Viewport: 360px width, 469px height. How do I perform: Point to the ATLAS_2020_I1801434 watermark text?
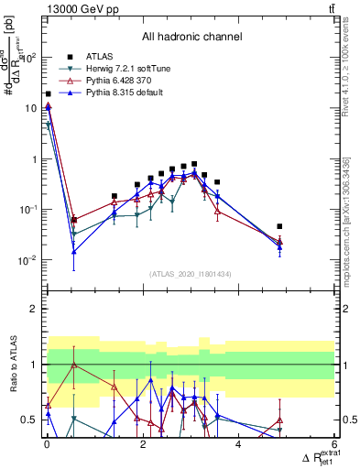click(191, 273)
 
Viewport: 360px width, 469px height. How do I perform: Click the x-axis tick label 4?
click(238, 444)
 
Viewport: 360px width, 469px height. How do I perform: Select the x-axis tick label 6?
click(333, 444)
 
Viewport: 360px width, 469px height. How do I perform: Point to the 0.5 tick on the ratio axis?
click(29, 420)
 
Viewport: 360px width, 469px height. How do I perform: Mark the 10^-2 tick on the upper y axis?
click(27, 260)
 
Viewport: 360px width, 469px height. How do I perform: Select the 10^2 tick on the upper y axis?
click(28, 58)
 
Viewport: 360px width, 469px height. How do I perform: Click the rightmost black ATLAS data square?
click(280, 226)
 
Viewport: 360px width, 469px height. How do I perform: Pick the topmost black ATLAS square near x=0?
click(48, 93)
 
